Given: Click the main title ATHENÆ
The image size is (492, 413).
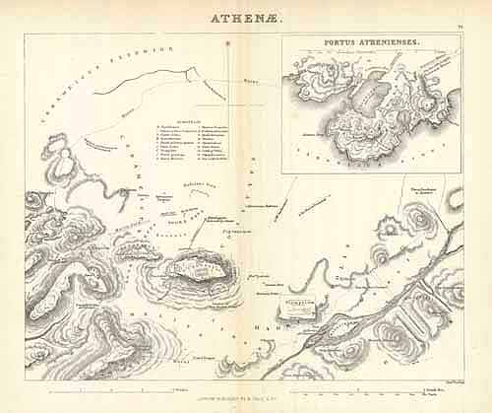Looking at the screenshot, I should [x=246, y=17].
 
